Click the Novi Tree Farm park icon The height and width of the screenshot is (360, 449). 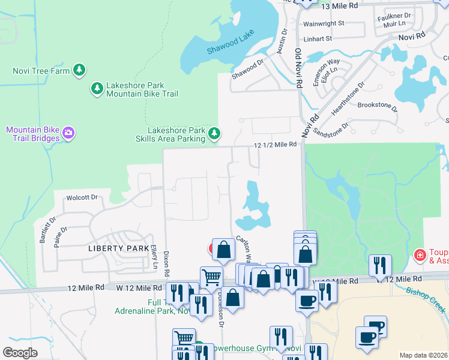(x=79, y=70)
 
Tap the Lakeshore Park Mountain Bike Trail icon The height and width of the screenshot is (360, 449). (x=97, y=89)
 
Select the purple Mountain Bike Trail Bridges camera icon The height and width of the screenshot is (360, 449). (x=68, y=133)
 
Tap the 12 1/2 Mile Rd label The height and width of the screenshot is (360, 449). (x=276, y=145)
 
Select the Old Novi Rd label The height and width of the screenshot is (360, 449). (x=297, y=70)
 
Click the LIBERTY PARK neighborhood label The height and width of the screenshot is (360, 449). (x=118, y=248)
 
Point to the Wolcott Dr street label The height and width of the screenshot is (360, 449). (x=82, y=197)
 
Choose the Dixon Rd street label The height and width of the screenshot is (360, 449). (x=166, y=263)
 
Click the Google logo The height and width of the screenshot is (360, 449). (x=20, y=352)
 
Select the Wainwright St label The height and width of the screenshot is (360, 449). (x=324, y=23)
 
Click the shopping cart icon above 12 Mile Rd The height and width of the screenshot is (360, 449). (x=211, y=277)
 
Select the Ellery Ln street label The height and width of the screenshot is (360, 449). (x=155, y=257)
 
